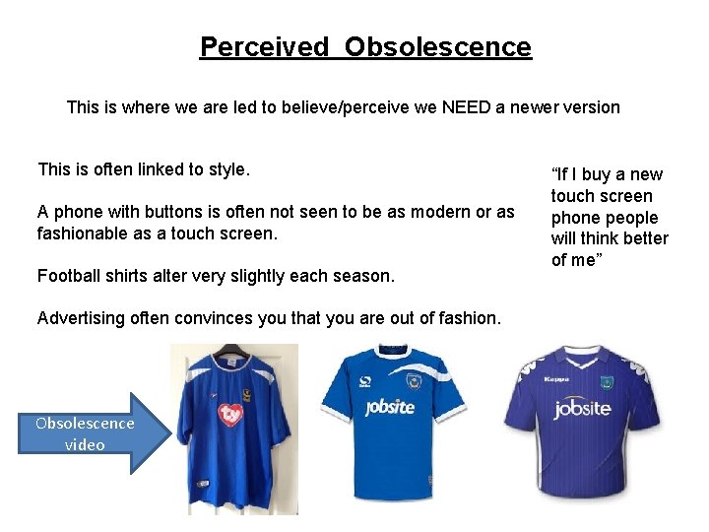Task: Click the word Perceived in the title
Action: pyautogui.click(x=264, y=46)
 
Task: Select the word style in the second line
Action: pyautogui.click(x=226, y=169)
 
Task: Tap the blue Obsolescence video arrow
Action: pyautogui.click(x=90, y=433)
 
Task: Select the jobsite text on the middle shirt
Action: pyautogui.click(x=389, y=407)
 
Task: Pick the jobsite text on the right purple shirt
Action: pyautogui.click(x=582, y=409)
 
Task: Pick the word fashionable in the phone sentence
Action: pyautogui.click(x=82, y=233)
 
